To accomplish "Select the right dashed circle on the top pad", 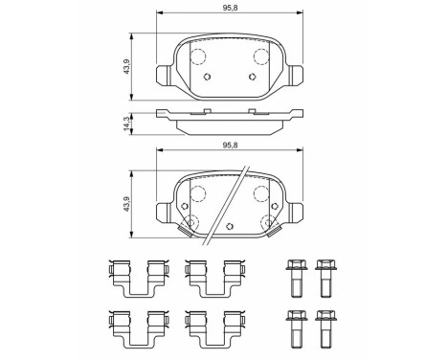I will [x=257, y=55].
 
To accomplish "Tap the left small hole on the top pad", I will [x=207, y=78].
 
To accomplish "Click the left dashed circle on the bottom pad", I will [x=199, y=193].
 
